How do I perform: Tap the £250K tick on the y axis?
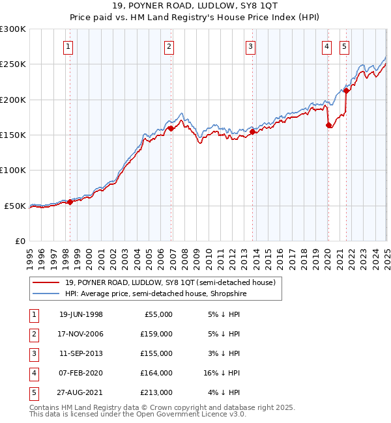click(13, 64)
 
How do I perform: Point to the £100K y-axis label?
click(13, 170)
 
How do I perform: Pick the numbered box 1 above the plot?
click(68, 46)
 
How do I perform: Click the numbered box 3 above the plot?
click(250, 46)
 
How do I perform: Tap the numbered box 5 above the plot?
click(343, 46)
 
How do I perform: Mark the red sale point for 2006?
click(170, 129)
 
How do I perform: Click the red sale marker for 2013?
click(252, 131)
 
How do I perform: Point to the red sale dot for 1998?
click(70, 202)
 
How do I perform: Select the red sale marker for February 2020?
click(328, 126)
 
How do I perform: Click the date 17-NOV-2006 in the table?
click(81, 334)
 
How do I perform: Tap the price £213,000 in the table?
click(156, 392)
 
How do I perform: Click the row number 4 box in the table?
click(33, 373)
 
